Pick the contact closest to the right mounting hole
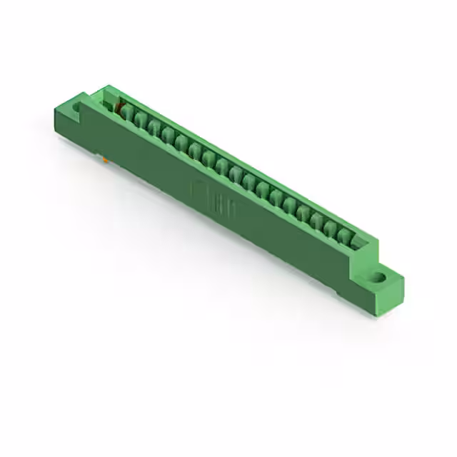pyautogui.click(x=346, y=234)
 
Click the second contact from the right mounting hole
pyautogui.click(x=332, y=228)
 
